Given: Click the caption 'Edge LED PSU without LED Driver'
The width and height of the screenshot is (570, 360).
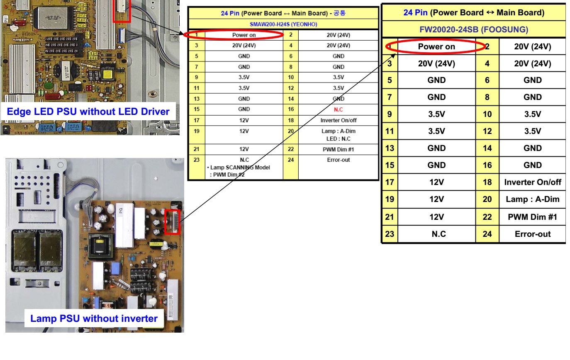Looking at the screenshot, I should point(88,112).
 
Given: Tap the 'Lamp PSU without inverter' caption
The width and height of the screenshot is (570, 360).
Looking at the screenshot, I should point(94,319).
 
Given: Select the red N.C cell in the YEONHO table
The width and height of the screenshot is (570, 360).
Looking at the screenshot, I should point(338,109).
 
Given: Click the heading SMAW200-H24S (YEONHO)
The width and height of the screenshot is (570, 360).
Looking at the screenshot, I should point(283,24).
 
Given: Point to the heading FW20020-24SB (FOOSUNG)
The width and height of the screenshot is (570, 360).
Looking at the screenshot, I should point(474,29).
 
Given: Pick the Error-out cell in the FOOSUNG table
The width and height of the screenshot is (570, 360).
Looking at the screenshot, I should point(533,234).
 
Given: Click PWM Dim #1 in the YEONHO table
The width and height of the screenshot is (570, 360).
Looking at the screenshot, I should point(338,149).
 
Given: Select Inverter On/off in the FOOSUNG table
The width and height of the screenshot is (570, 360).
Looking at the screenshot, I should point(533,182).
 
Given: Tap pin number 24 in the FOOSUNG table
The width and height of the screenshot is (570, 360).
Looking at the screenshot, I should point(487,234).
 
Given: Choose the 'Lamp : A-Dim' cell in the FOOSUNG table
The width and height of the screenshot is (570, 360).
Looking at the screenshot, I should point(533,199).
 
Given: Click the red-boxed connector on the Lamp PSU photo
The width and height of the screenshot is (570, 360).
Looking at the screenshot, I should point(173,221).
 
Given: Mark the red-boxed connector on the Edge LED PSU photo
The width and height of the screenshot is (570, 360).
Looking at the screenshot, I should point(125,10).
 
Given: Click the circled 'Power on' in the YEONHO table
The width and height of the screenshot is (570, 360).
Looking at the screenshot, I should point(244,35).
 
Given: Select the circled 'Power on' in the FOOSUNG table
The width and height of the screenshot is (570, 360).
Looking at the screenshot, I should point(436,47).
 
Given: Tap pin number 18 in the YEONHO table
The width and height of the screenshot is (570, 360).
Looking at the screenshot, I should point(291,120).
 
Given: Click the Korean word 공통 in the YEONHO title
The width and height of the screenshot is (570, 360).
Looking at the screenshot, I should point(339,13).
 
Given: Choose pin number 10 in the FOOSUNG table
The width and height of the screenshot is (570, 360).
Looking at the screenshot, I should point(487,114).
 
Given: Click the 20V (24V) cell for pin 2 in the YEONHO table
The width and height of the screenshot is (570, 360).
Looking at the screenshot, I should point(338,35).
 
